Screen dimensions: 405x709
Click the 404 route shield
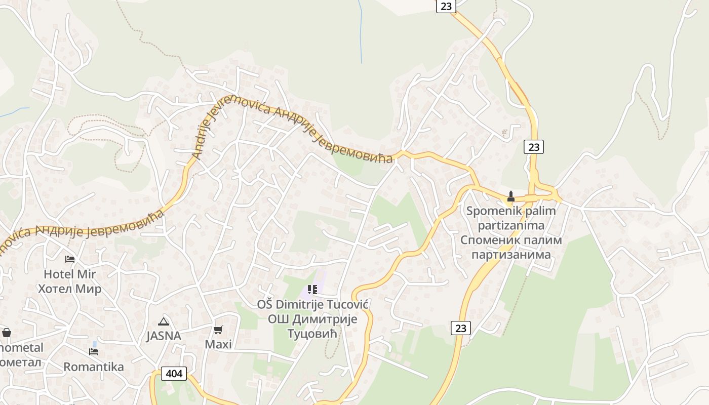coord(174,374)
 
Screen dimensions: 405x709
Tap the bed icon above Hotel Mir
coord(70,259)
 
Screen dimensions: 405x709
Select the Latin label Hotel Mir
coord(70,274)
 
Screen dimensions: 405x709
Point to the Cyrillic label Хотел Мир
coord(70,289)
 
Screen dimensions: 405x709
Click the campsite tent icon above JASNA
coord(163,321)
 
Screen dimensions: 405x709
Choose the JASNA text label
coord(164,336)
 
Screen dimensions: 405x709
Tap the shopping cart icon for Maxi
coord(218,330)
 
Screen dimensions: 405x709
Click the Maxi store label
coord(218,344)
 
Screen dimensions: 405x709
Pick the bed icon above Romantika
coord(94,351)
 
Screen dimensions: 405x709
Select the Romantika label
coord(94,367)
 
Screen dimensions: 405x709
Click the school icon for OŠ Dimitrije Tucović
coord(312,290)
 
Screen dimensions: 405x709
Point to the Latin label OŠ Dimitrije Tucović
coord(312,304)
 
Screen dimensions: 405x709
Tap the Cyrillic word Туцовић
coord(312,334)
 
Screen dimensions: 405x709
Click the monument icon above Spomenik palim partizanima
coord(511,196)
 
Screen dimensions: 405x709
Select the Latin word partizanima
coord(511,225)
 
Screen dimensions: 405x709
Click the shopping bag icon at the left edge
coord(6,333)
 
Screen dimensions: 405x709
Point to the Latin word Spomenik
coord(490,211)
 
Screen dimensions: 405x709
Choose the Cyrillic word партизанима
coord(511,254)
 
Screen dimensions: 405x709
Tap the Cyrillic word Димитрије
coord(326,319)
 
